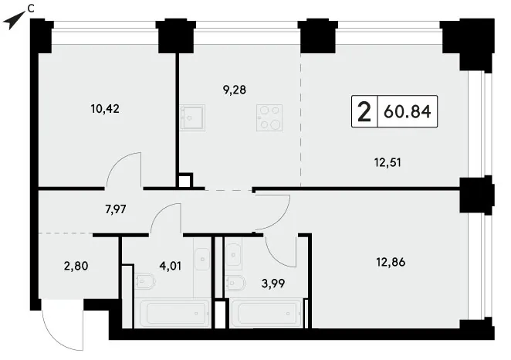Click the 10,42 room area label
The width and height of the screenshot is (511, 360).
coord(105,109)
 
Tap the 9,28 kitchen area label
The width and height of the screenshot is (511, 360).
coord(235,90)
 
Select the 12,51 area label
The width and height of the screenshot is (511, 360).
coord(387,162)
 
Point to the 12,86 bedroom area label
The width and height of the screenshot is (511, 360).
coord(391,262)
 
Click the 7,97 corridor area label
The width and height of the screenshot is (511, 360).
coord(115,209)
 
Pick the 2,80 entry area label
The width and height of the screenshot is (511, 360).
coord(76,266)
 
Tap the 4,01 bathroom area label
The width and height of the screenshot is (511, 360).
coord(170,266)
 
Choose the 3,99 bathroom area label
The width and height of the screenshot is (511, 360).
coord(273,283)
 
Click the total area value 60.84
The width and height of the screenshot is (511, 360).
coord(408,111)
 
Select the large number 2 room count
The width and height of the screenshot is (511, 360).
coord(364,111)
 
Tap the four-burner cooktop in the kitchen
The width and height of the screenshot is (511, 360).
coord(269,117)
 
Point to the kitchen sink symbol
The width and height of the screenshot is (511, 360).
coord(193,117)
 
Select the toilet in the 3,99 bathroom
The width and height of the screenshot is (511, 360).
coord(236,283)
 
